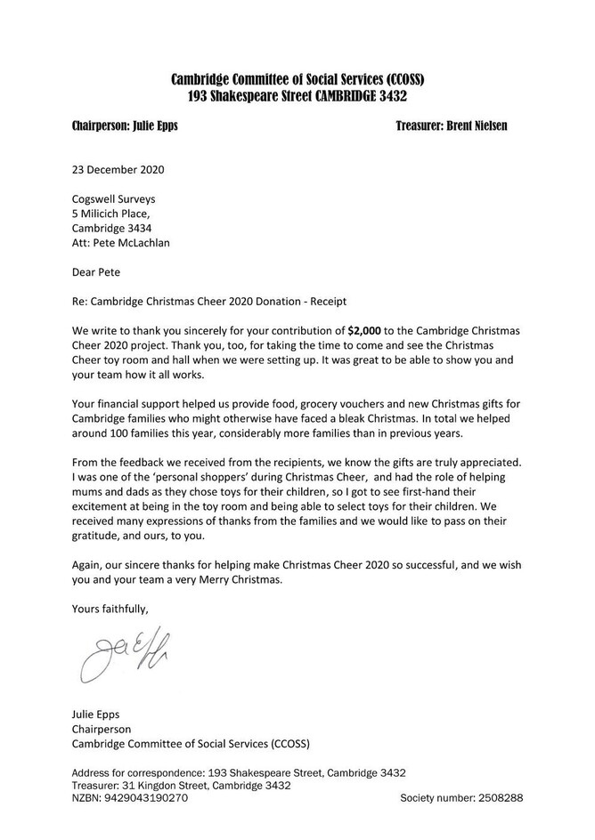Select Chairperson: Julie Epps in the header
pos(124,125)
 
